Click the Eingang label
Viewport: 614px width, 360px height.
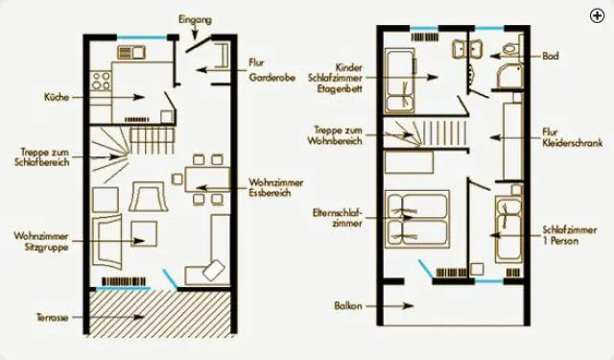coord(195,19)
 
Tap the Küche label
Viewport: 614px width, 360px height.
coord(57,97)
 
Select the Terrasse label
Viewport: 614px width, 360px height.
coord(53,317)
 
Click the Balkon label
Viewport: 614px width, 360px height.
coord(348,305)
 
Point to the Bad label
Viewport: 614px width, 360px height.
coord(551,56)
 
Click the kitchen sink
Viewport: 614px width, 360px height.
coord(131,52)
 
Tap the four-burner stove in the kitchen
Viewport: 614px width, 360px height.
coord(101,81)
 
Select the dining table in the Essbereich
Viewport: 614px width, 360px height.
coord(207,180)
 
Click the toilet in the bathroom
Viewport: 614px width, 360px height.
coord(513,46)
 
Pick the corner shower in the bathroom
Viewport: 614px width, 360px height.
coord(509,76)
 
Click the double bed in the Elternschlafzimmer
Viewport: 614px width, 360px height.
coord(417,220)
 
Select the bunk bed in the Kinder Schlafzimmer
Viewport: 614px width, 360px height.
coord(400,81)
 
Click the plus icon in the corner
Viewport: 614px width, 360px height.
coord(597,16)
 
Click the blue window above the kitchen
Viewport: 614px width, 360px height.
coord(142,37)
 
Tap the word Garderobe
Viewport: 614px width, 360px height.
coord(272,78)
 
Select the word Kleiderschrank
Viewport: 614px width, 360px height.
coord(573,143)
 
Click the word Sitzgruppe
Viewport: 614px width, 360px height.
coord(47,247)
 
